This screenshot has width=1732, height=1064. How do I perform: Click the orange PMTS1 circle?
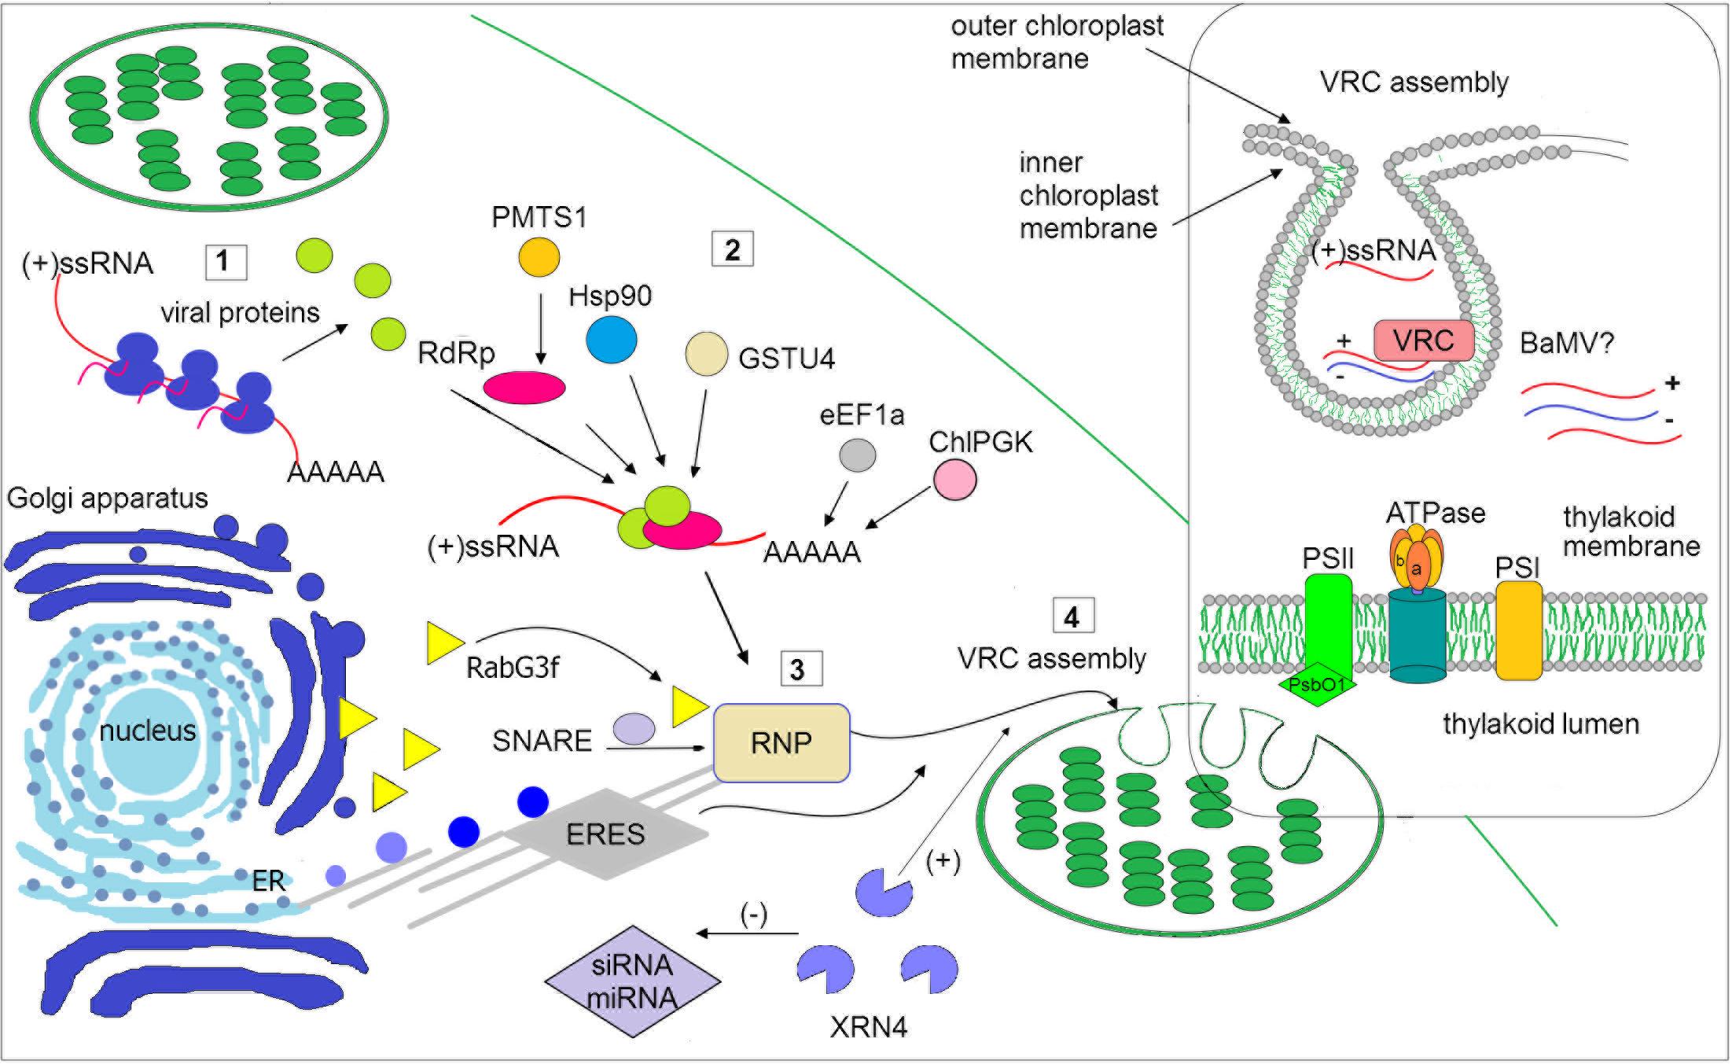539,257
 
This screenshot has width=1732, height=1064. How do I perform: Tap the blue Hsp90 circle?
611,340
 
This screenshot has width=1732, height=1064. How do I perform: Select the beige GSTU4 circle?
706,354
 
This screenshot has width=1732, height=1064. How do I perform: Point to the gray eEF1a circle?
857,455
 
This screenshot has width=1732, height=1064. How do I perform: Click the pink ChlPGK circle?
954,480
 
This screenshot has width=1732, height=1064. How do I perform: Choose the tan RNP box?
781,742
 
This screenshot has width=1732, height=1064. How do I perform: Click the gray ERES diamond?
605,834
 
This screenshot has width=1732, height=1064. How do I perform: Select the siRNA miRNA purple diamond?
633,981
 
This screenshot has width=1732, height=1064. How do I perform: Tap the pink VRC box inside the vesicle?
1423,341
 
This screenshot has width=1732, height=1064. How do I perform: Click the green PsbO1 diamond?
1318,684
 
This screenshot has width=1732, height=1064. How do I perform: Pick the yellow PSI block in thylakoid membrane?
1517,631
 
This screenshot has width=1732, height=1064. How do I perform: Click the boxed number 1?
225,262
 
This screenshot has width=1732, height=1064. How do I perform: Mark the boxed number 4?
1072,617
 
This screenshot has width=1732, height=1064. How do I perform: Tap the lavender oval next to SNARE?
634,728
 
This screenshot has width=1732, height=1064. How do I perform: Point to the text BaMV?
1566,344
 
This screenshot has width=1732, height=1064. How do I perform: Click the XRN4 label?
868,1027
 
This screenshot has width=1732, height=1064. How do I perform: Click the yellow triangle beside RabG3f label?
444,642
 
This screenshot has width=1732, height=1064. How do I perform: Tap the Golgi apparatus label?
107,498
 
